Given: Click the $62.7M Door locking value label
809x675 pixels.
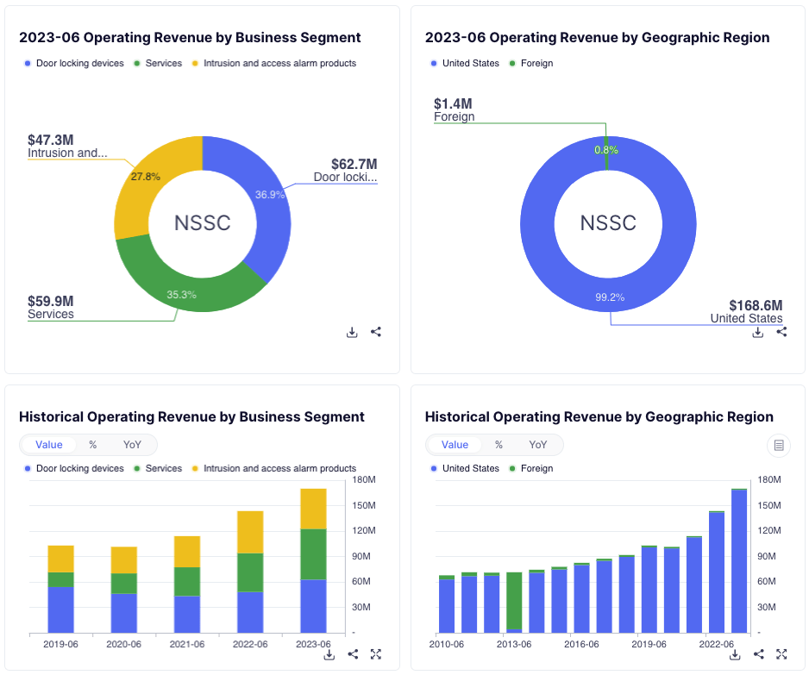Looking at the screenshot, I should [x=354, y=164].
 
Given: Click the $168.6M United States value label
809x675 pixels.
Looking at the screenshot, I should [x=755, y=305].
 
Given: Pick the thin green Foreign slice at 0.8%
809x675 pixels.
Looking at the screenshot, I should [x=606, y=150].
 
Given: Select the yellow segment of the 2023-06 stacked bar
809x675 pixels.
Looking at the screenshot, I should [x=313, y=509].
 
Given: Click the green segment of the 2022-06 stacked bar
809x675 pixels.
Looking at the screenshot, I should [x=249, y=572].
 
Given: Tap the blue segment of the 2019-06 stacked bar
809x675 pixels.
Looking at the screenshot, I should [x=60, y=609].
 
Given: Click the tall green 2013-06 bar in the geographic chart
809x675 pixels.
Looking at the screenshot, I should [x=514, y=600].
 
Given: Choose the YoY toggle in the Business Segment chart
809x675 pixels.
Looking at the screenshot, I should [x=132, y=445].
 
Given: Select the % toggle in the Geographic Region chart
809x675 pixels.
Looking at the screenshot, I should [x=499, y=445].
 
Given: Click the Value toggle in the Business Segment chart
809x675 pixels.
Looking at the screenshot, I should [x=49, y=445].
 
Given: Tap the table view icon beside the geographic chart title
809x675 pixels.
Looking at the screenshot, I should [x=779, y=445].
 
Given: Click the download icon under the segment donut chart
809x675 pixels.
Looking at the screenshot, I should [x=352, y=332].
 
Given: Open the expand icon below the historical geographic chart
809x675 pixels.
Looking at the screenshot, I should [x=781, y=654].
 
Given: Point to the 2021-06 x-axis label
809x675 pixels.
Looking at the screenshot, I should [x=187, y=644].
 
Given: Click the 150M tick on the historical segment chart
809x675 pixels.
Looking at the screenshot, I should [x=362, y=505].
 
